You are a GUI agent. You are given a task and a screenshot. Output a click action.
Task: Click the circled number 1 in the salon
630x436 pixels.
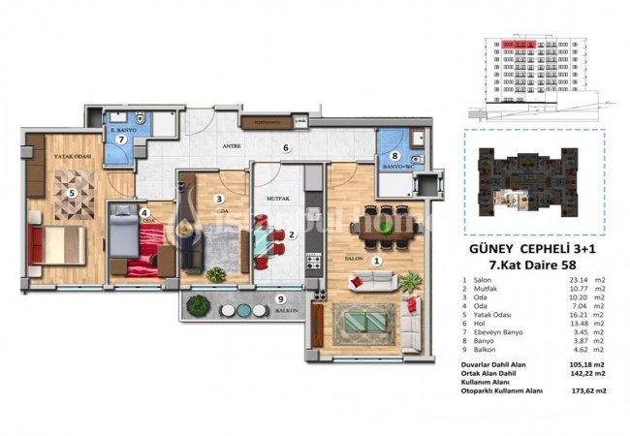pos(377,259)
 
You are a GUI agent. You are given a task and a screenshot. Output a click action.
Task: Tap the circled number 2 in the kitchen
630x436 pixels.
pos(292,234)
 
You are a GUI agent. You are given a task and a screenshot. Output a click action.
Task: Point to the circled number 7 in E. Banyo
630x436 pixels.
pos(121,139)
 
